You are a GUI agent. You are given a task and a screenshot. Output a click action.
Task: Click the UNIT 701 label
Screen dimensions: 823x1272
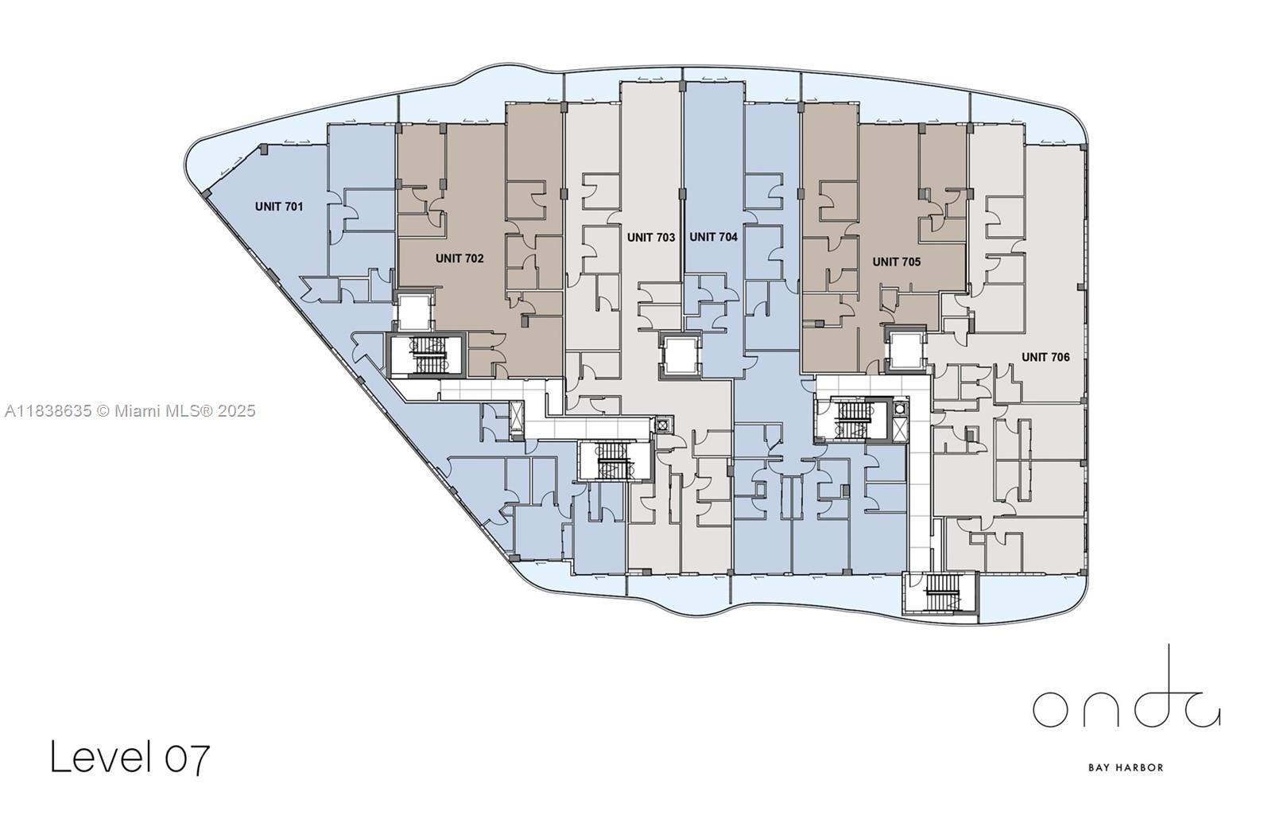278,207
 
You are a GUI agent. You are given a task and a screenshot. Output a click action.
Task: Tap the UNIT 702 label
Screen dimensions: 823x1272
459,258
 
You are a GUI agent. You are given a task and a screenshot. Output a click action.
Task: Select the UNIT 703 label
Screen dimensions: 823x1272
650,237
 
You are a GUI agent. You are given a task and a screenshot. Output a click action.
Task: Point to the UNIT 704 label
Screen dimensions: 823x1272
713,237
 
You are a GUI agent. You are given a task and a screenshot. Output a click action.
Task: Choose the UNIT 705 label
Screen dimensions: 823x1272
896,262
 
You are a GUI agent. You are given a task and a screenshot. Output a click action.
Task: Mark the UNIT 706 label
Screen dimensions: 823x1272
1045,357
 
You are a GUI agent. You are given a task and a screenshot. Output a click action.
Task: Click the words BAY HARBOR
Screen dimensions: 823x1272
1125,767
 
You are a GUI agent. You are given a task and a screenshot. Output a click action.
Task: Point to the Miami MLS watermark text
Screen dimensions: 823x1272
184,411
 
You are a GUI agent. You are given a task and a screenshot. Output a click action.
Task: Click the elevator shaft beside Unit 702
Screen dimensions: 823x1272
413,312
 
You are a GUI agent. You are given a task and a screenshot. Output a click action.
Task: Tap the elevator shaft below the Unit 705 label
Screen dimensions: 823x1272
906,348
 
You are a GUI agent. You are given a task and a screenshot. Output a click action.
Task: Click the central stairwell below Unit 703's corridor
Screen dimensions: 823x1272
614,461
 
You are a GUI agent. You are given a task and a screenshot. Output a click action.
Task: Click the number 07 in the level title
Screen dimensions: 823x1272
188,757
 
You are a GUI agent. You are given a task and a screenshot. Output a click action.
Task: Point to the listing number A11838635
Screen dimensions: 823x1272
48,411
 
